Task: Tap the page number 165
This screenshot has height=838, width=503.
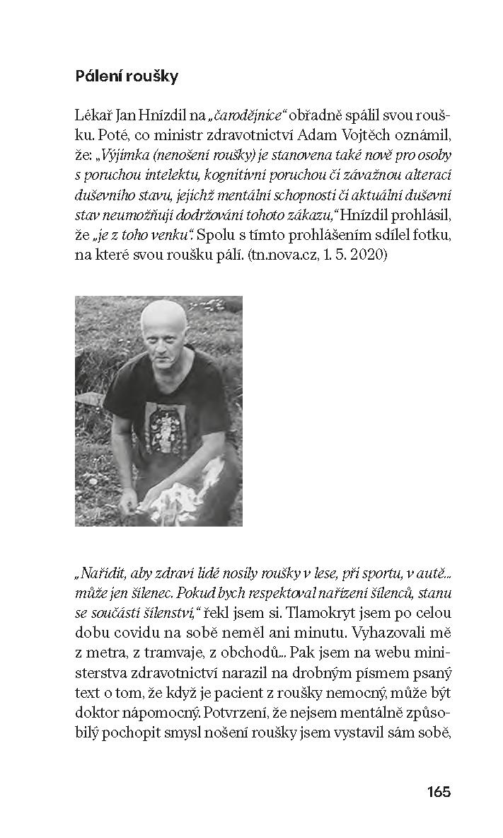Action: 439,791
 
